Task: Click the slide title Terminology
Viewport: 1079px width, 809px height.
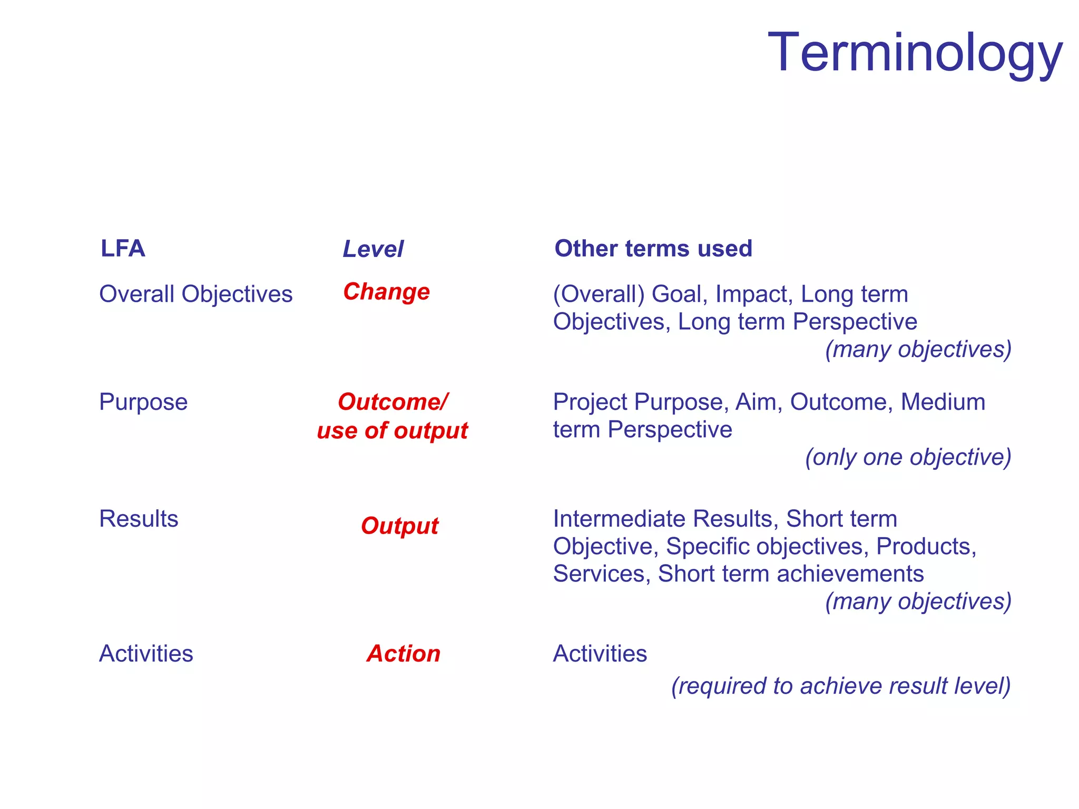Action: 915,53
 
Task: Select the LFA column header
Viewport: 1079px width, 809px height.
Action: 123,249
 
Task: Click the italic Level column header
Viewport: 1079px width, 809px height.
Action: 373,249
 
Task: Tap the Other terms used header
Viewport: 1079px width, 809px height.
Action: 653,249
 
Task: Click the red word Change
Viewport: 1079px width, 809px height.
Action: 386,291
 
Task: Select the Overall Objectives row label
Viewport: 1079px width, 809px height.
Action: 195,294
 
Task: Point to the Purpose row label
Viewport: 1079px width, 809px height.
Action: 143,402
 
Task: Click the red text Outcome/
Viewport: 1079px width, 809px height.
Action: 393,402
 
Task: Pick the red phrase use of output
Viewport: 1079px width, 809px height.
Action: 392,431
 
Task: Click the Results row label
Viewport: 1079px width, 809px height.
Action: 139,519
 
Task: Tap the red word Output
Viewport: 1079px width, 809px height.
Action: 399,526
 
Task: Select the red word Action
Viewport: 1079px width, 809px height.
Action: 404,654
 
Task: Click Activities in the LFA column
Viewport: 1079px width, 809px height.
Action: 146,654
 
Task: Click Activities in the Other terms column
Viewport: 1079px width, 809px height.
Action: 600,654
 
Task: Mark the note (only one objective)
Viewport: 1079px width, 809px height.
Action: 908,457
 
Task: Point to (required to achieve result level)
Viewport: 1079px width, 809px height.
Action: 841,686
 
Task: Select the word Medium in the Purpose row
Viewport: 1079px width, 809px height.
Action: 943,402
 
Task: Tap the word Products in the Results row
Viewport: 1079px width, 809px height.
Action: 926,546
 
